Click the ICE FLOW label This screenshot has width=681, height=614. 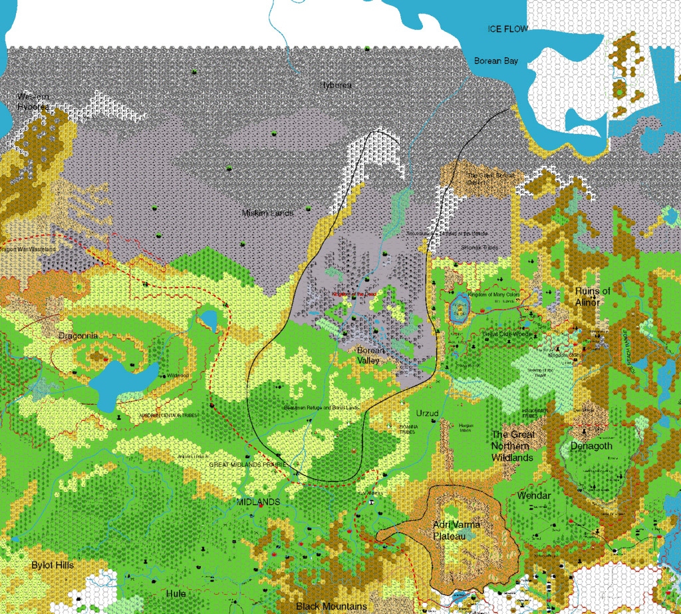507,29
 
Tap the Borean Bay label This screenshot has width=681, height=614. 495,61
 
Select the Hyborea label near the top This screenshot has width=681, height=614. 336,85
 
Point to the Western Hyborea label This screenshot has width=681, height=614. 33,101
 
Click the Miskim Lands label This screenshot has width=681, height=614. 267,213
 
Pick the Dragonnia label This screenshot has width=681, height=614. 78,336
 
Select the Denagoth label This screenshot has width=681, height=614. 591,446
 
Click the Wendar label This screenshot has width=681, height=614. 533,496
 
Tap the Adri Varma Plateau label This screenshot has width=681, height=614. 456,530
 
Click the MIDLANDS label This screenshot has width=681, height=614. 259,501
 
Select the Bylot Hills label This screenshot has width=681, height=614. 53,565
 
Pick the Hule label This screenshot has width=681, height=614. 176,593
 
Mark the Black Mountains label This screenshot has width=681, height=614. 331,606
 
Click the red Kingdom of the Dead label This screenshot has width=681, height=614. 354,294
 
